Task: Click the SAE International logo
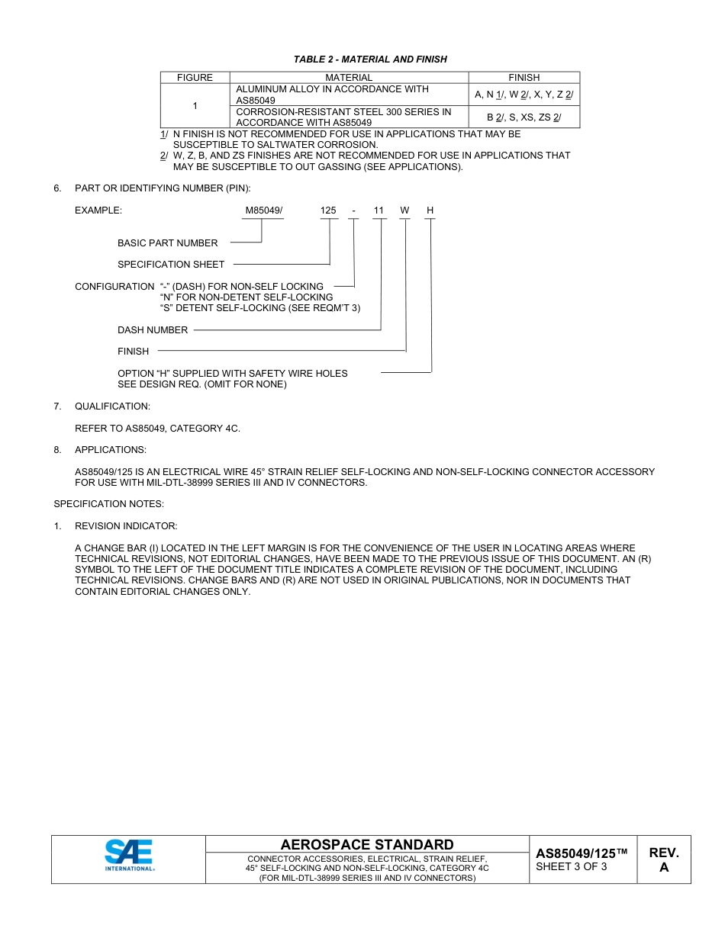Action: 129,855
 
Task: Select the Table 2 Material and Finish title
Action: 370,59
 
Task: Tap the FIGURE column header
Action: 195,78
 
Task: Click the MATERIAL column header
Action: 349,78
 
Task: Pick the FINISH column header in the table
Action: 524,78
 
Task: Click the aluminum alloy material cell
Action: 333,95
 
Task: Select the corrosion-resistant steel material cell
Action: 343,117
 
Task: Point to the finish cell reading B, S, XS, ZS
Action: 524,117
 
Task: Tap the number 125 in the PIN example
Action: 328,210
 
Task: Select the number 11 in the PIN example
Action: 379,210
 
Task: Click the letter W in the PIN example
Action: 404,210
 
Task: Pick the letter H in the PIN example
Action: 430,210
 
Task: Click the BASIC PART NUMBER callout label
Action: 167,243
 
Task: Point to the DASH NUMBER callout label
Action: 153,330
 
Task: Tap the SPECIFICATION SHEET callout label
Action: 171,265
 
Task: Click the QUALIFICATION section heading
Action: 112,406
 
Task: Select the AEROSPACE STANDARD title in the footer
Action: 367,844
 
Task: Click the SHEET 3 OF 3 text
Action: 572,866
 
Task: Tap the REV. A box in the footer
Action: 664,859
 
